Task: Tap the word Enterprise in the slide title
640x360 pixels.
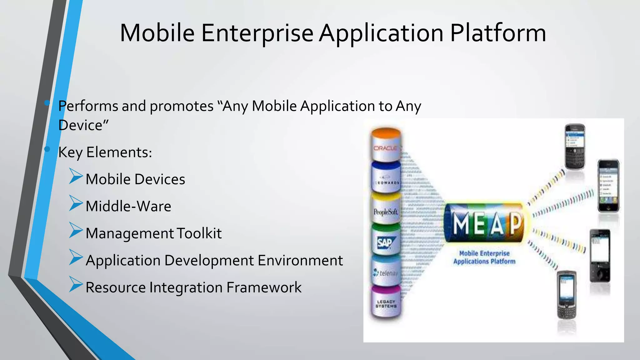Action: [257, 33]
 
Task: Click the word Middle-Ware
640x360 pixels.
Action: [128, 206]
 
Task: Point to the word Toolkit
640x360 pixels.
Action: [199, 233]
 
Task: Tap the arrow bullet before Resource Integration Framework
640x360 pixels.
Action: [76, 284]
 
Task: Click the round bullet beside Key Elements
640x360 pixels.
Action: [47, 149]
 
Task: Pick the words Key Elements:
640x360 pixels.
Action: [105, 152]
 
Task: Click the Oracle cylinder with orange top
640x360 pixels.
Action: [386, 145]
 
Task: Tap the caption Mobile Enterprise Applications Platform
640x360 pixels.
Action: [484, 257]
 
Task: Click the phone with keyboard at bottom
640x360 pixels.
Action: [567, 295]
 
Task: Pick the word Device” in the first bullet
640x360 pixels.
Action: [83, 125]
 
